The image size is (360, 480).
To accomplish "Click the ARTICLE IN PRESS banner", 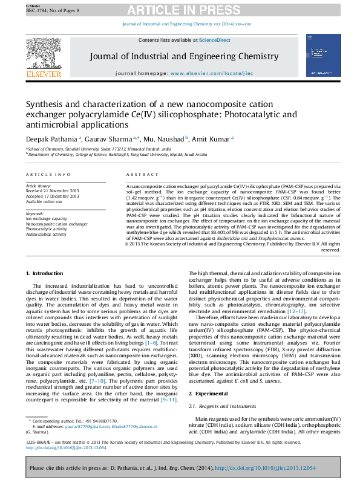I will pyautogui.click(x=180, y=11).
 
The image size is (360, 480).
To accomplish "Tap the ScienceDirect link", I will pyautogui.click(x=215, y=40).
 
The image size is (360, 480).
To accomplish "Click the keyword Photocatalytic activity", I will pyautogui.click(x=46, y=229).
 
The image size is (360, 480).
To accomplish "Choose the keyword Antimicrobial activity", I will pyautogui.click(x=46, y=235).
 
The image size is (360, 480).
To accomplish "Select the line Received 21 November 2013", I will pyautogui.click(x=52, y=190).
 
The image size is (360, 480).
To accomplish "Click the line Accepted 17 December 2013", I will pyautogui.click(x=52, y=196).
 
